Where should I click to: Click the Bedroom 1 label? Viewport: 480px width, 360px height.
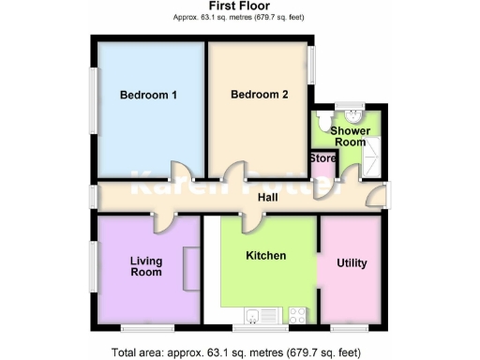(148, 95)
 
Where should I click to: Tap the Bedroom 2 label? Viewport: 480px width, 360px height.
(259, 95)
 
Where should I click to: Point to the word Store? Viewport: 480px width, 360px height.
(322, 158)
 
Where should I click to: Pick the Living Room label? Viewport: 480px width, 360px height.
(145, 266)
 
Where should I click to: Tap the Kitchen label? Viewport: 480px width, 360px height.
(265, 255)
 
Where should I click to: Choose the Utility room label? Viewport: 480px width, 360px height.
(351, 263)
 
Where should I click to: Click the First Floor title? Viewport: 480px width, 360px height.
(239, 7)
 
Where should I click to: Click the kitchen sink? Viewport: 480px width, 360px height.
(255, 313)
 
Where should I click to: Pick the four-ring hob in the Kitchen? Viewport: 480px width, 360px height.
(299, 313)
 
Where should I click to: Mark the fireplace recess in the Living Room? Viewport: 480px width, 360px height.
(191, 269)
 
